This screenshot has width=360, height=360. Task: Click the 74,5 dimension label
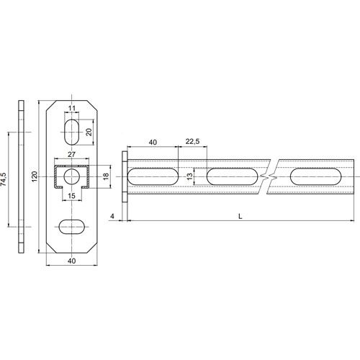tap(4, 179)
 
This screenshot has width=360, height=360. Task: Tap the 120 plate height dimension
tap(35, 176)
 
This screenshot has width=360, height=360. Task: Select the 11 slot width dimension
tap(72, 108)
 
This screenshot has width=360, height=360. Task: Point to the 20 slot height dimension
tap(89, 132)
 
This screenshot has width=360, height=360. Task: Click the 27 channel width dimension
tap(71, 154)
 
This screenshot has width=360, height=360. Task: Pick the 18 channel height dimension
tap(106, 176)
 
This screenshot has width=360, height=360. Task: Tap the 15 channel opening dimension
tap(71, 196)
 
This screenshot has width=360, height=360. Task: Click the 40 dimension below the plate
tap(72, 261)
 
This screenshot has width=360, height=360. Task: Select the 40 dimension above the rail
tap(153, 142)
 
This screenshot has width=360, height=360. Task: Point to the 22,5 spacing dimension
tap(192, 141)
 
